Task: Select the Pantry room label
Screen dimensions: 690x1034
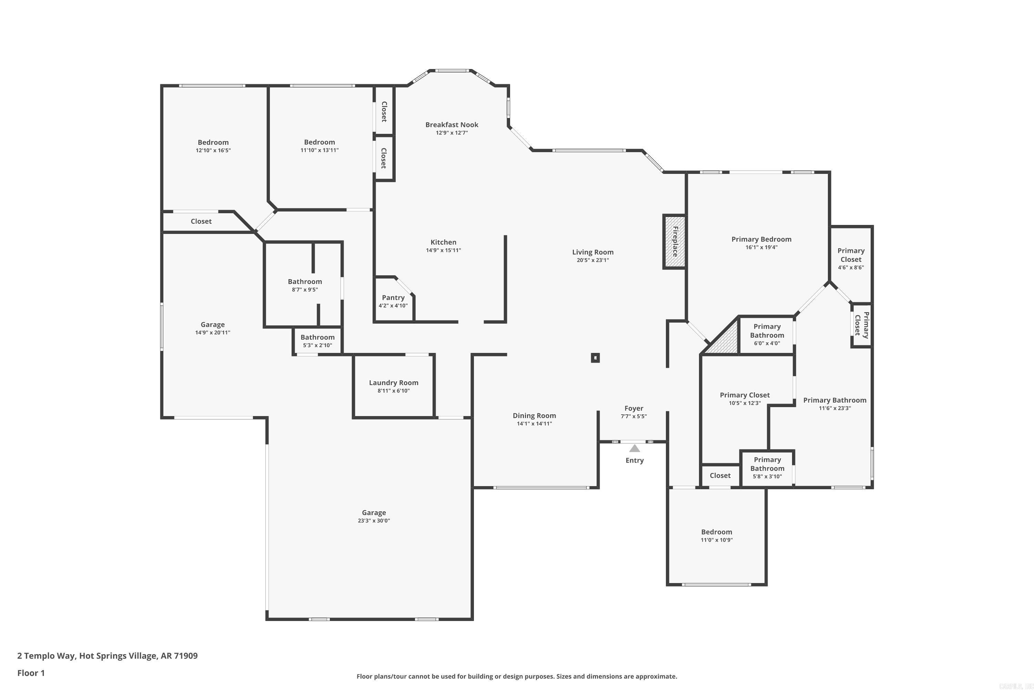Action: point(393,297)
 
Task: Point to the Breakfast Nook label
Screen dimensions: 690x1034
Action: point(452,125)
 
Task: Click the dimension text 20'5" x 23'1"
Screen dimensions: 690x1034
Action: point(592,260)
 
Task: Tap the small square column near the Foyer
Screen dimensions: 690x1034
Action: point(595,358)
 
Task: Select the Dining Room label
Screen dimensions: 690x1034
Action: point(534,415)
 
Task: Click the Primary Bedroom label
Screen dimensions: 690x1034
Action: point(761,239)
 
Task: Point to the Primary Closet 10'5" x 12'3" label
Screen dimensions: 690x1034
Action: point(745,399)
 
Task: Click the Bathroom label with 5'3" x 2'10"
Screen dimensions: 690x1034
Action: point(317,341)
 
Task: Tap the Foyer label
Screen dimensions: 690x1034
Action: point(633,408)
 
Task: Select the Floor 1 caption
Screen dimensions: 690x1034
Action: point(31,673)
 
